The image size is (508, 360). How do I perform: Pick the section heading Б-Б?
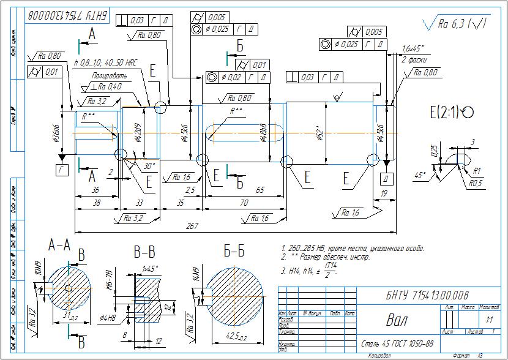pyautogui.click(x=234, y=251)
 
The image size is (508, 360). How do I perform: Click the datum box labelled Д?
pyautogui.click(x=387, y=178)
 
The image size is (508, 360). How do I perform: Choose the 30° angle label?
pyautogui.click(x=149, y=165)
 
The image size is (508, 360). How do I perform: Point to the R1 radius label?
pyautogui.click(x=476, y=171)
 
